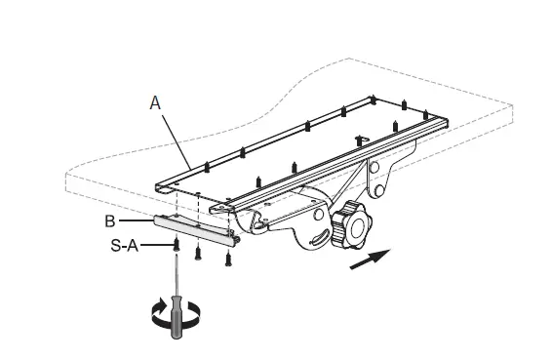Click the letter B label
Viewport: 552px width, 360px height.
[x=111, y=220]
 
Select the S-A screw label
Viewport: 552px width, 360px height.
[x=125, y=249]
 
